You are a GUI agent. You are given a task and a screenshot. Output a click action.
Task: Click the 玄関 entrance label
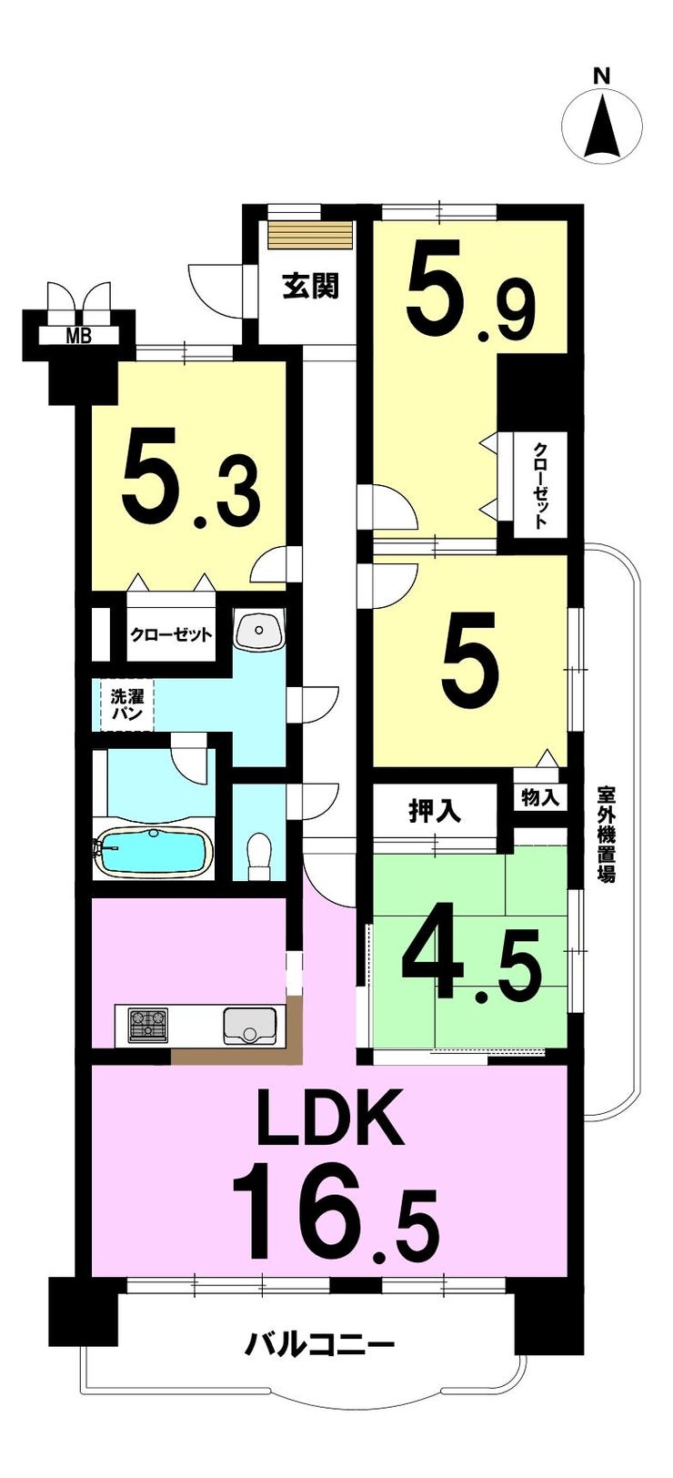pyautogui.click(x=310, y=287)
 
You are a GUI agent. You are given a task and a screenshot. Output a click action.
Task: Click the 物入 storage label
pyautogui.click(x=540, y=798)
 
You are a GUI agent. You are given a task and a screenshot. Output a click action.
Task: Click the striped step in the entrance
pyautogui.click(x=311, y=234)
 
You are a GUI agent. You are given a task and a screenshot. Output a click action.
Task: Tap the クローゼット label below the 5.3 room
pyautogui.click(x=171, y=634)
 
